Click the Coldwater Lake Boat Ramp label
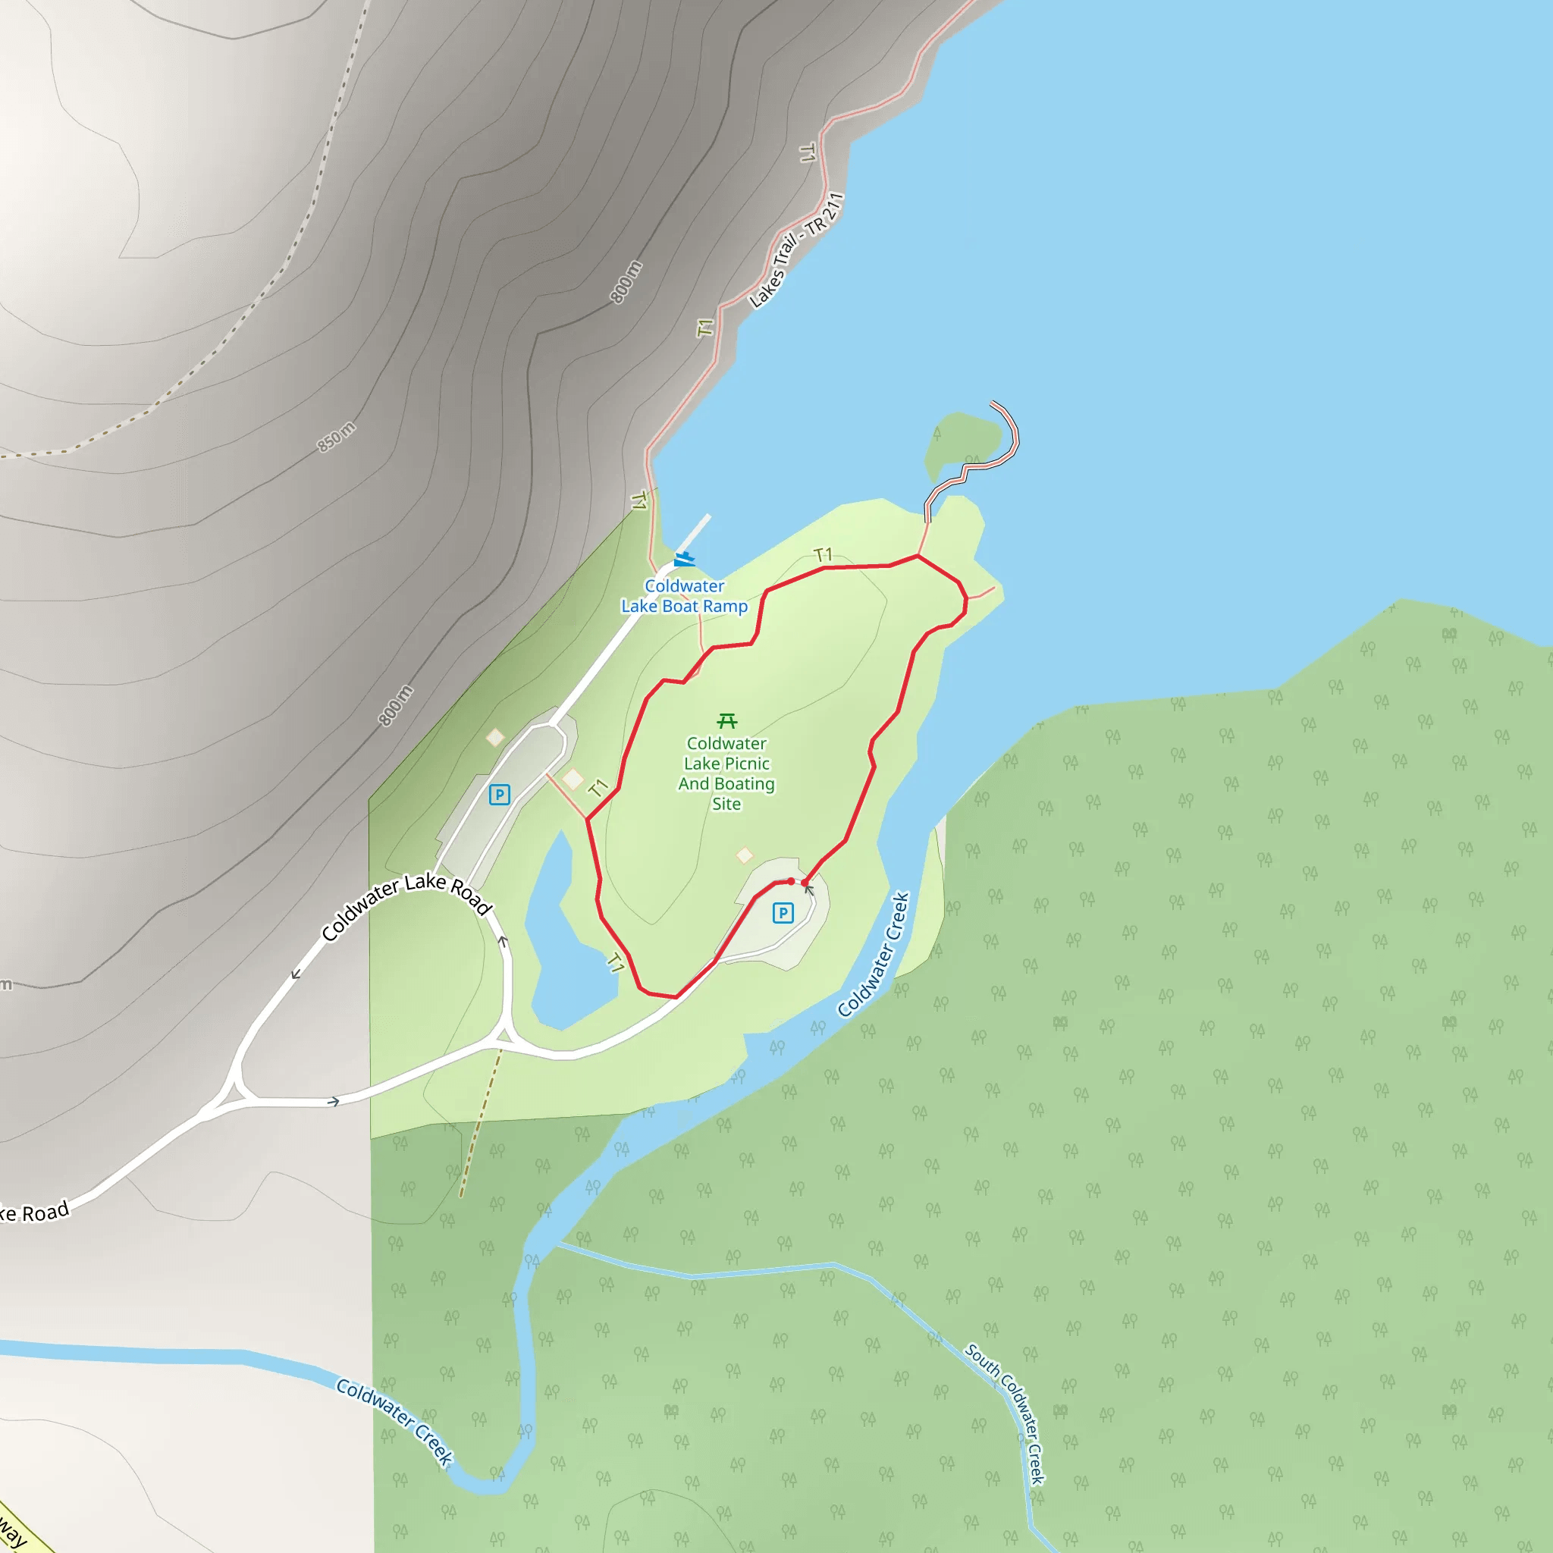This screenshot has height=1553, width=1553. pyautogui.click(x=684, y=597)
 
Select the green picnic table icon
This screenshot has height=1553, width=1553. pyautogui.click(x=726, y=720)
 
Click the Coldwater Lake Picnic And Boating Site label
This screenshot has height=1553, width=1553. pyautogui.click(x=726, y=773)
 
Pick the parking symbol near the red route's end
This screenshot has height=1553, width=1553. pyautogui.click(x=782, y=912)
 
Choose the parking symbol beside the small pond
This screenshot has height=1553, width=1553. pyautogui.click(x=499, y=795)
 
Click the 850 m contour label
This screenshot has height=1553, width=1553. pyautogui.click(x=336, y=437)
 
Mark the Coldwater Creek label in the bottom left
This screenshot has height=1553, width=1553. pyautogui.click(x=394, y=1422)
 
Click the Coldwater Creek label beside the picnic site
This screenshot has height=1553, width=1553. pyautogui.click(x=874, y=954)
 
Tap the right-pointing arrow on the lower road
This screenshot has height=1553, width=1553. pyautogui.click(x=334, y=1101)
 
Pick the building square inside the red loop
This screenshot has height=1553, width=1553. pyautogui.click(x=745, y=855)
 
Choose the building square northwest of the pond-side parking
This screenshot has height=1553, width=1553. pyautogui.click(x=495, y=737)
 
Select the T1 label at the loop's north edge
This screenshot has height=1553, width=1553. pyautogui.click(x=822, y=554)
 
